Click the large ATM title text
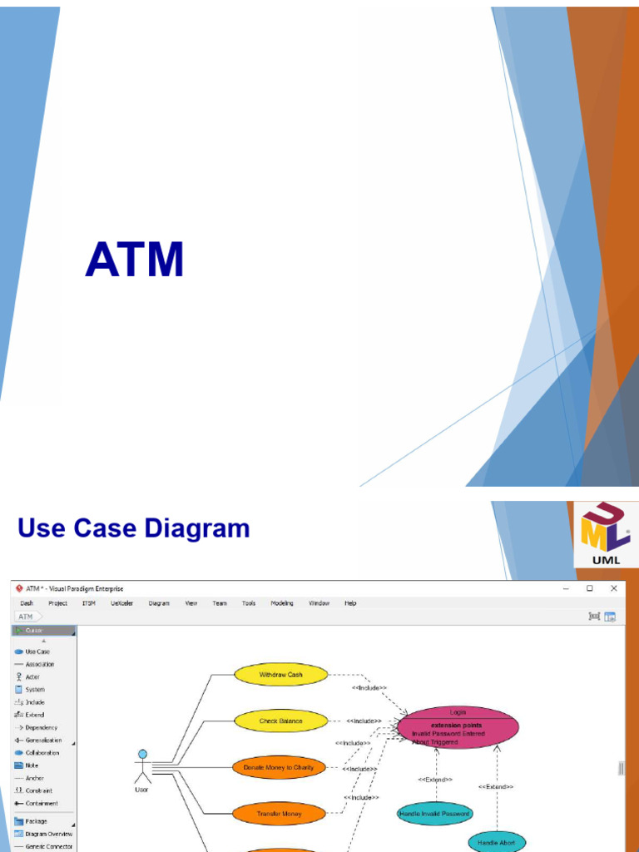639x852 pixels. coord(134,260)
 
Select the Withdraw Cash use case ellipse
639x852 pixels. coord(280,675)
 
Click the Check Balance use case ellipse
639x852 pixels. coord(280,721)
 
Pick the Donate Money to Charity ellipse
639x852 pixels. coord(279,767)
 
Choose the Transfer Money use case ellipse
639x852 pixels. coord(279,813)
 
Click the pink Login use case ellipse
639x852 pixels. coord(458,727)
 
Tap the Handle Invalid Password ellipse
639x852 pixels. coord(434,813)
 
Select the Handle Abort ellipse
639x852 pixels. coord(496,842)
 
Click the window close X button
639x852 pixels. coord(614,588)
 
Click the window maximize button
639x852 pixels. coord(589,588)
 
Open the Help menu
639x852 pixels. coord(350,603)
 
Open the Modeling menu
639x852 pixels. coord(281,603)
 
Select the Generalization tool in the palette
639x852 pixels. coord(42,740)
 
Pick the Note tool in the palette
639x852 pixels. coord(32,765)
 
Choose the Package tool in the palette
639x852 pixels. coord(36,821)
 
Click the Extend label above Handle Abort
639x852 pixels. coord(496,786)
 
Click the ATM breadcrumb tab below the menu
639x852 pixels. coord(26,617)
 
